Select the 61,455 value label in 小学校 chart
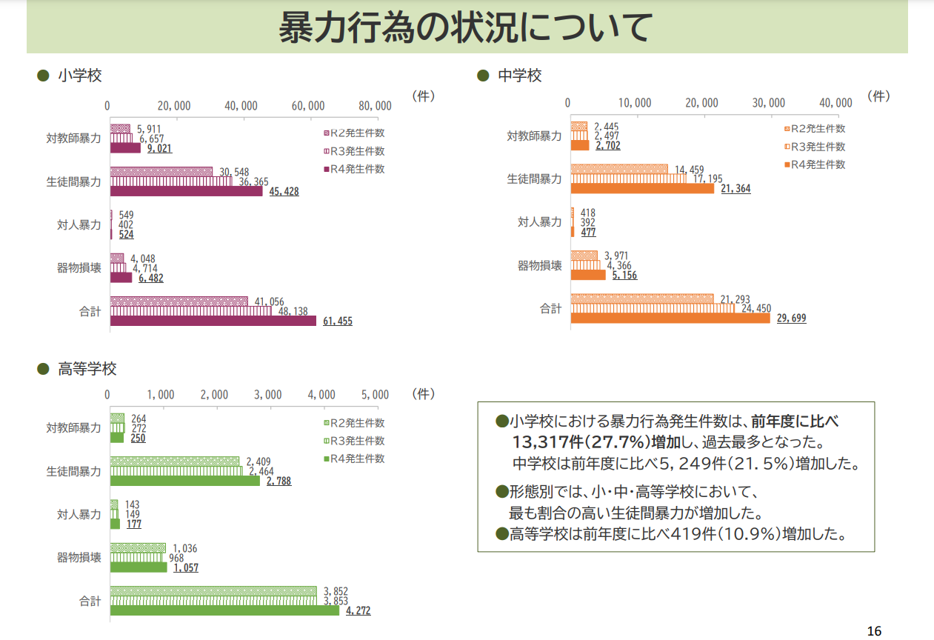tap(338, 321)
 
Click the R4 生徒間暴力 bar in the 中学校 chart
tap(642, 189)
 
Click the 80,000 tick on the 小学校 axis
tap(373, 106)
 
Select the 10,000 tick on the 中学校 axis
tap(634, 103)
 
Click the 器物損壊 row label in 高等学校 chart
tap(79, 558)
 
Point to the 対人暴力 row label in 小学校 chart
tap(79, 225)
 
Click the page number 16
tap(874, 630)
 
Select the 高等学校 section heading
tap(87, 369)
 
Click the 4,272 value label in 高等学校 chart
tap(358, 611)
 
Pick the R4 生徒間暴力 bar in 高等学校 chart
tap(185, 481)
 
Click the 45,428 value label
tap(284, 192)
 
